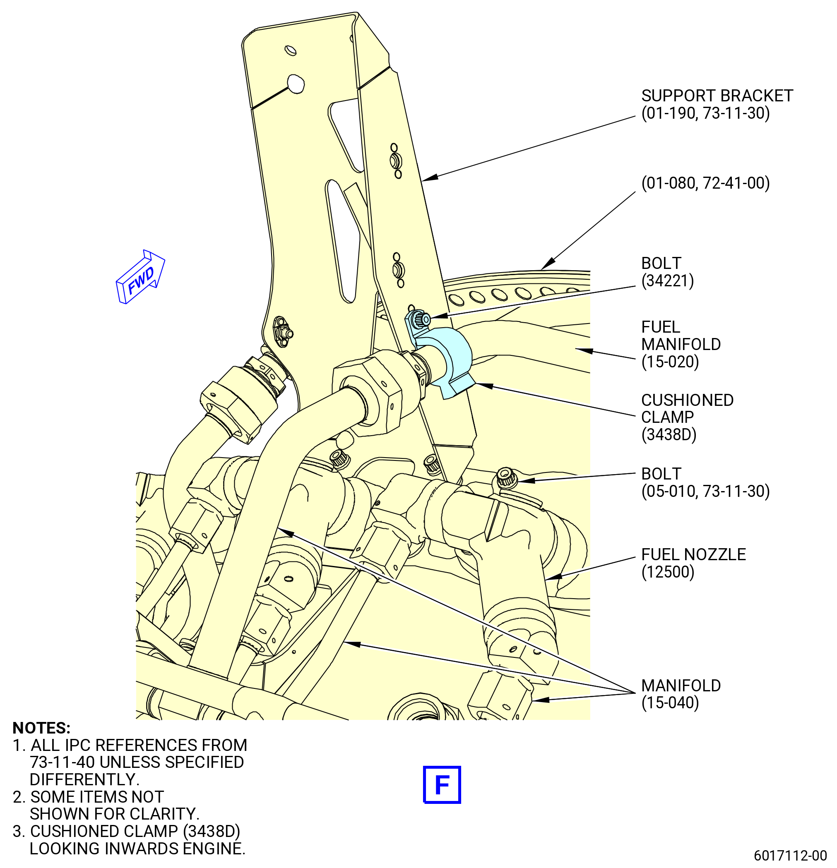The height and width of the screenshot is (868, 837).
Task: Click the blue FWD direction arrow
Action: coord(140,277)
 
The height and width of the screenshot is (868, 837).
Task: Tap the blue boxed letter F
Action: coord(442,784)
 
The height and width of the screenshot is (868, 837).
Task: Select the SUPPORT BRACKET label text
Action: coord(717,96)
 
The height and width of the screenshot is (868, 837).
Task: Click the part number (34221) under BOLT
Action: coord(667,281)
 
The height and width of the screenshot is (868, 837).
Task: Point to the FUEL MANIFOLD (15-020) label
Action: coord(681,344)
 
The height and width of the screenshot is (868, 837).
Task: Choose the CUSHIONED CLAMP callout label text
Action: coord(687,408)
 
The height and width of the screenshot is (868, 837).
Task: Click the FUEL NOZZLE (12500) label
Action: coord(693,563)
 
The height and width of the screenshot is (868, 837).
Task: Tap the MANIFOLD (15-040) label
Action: coord(681,694)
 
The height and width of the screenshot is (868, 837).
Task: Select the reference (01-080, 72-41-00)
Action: coord(705,183)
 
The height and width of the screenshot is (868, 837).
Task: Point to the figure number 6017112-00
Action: coord(791,855)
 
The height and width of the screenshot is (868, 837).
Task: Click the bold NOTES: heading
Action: coord(42,728)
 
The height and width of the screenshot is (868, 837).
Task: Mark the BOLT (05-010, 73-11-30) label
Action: coord(705,482)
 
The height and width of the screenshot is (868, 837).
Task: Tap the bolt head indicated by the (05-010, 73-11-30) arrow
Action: coord(505,477)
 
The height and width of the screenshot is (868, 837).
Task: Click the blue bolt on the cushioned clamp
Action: coord(418,319)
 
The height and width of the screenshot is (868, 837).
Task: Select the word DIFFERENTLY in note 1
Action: coord(84,779)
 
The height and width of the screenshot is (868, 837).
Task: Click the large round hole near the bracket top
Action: coord(296,83)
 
